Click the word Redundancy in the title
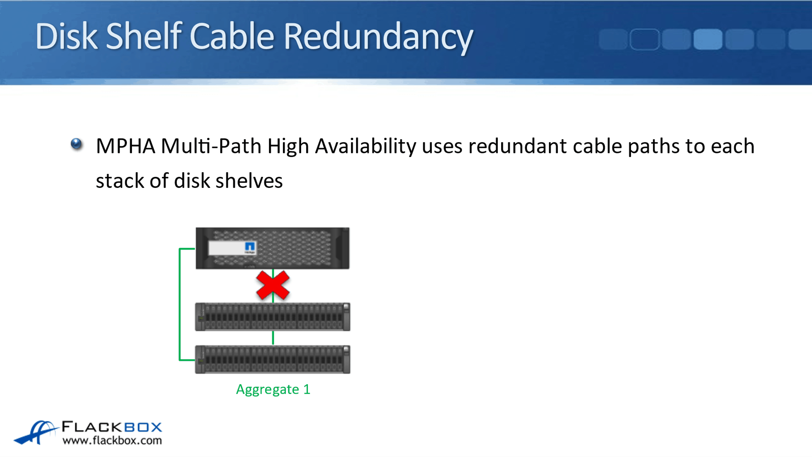(378, 36)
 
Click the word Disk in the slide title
(66, 36)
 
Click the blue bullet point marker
(76, 144)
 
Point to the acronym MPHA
(125, 146)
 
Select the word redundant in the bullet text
(517, 146)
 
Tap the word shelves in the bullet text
(249, 181)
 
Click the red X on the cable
(273, 285)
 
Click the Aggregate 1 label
(273, 389)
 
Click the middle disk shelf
(273, 317)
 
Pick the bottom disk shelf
(273, 359)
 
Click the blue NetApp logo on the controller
(249, 247)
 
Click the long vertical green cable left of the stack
(180, 304)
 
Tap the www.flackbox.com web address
(112, 441)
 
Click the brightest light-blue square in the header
(708, 39)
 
